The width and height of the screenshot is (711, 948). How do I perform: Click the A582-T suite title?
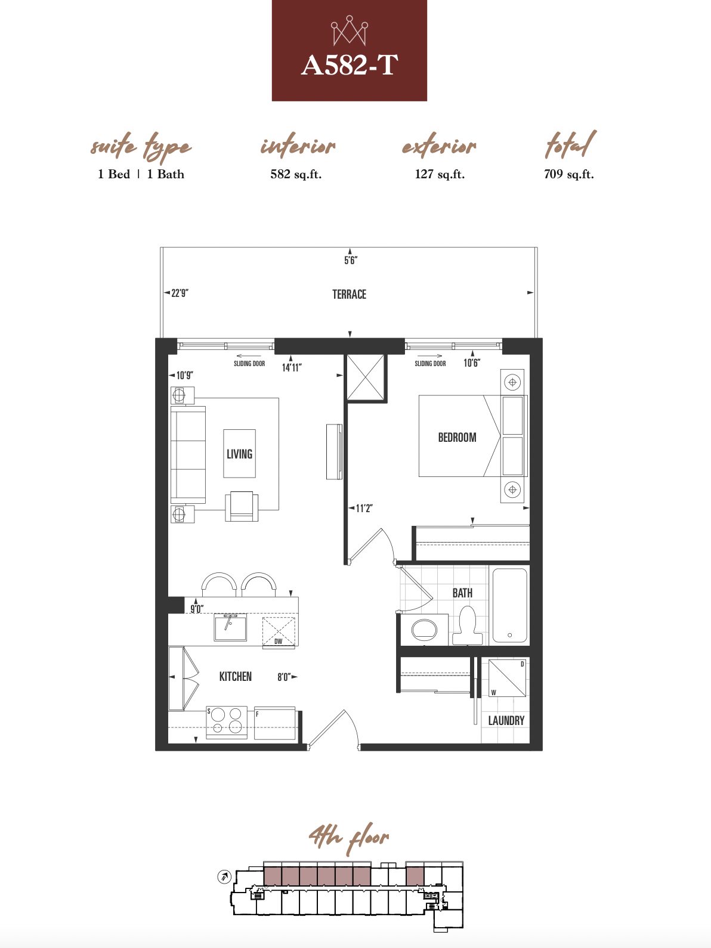pos(349,66)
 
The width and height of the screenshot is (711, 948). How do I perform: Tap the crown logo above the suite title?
pos(350,30)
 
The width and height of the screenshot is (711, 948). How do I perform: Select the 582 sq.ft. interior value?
pos(296,174)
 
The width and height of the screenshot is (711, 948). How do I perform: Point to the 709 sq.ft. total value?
pos(569,174)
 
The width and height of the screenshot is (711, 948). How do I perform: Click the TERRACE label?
pos(349,295)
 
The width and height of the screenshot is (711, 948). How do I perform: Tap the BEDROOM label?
pos(457,438)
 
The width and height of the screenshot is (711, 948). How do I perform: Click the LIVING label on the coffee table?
pos(239,454)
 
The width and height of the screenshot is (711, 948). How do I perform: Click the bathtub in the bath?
pos(510,606)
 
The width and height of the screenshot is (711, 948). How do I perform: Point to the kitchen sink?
pos(230,628)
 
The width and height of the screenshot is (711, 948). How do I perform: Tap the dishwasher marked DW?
pos(279,632)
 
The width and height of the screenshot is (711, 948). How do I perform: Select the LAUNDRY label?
pos(506,720)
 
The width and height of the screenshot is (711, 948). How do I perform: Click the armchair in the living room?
pos(242,506)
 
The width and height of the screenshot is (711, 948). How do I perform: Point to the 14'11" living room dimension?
pos(292,367)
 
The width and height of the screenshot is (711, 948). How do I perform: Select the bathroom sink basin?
pos(424,630)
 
